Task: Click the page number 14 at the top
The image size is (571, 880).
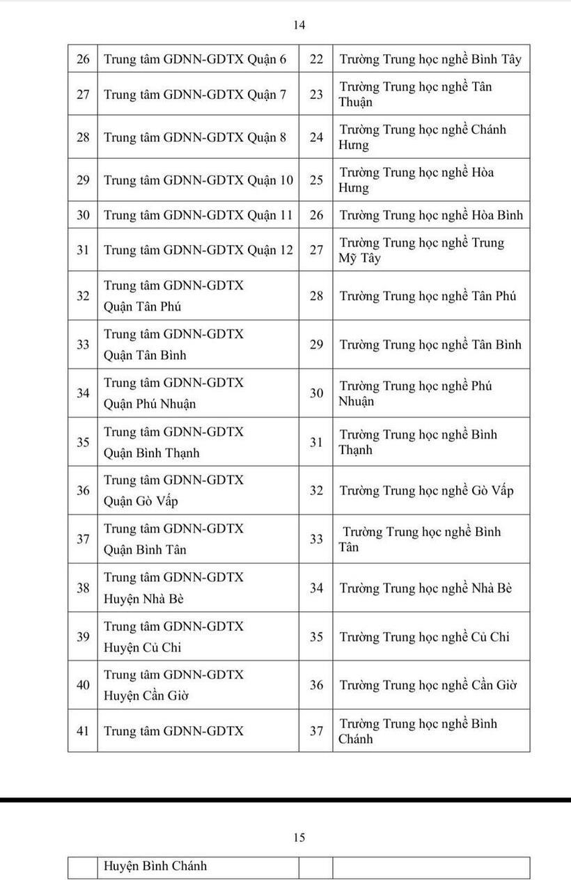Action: click(x=299, y=25)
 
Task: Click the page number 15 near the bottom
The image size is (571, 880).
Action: click(x=299, y=838)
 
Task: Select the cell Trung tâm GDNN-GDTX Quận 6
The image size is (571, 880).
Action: click(x=195, y=59)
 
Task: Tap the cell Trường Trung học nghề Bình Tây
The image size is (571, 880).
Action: click(x=430, y=59)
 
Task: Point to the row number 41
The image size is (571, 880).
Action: click(x=83, y=731)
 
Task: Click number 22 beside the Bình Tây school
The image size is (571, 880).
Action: click(x=316, y=59)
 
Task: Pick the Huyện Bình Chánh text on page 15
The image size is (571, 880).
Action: click(x=155, y=866)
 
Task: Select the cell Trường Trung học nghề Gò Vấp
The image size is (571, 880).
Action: click(x=426, y=491)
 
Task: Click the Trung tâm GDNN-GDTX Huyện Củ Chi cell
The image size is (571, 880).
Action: click(x=174, y=637)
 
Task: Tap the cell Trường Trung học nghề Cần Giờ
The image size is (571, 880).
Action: click(x=428, y=686)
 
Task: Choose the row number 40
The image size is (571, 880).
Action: click(x=83, y=685)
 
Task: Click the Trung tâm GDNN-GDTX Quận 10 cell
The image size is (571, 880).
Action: click(x=198, y=180)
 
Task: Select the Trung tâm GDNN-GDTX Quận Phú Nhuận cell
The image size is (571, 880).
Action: click(x=174, y=393)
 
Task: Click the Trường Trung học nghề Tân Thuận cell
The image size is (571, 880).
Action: click(x=415, y=94)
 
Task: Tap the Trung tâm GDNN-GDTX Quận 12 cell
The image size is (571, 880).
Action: click(x=198, y=250)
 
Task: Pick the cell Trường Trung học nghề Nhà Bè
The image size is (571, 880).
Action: click(x=425, y=588)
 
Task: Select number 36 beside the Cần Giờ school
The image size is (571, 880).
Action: click(x=316, y=685)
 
